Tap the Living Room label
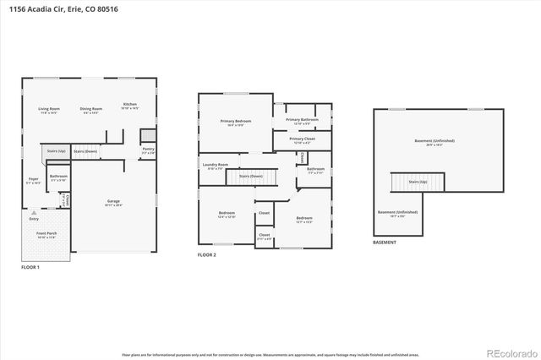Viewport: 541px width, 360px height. point(48,109)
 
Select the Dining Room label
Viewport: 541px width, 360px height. point(91,109)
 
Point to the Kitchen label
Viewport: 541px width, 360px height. point(129,104)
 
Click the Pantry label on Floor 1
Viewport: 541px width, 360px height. point(148,149)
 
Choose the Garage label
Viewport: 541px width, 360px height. point(112,201)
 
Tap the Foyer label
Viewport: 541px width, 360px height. point(33,179)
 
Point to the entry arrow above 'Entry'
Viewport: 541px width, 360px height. point(35,211)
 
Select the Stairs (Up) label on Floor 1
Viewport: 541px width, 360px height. point(56,151)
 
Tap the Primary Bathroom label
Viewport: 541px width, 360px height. point(302,120)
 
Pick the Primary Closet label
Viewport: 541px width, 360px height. point(302,139)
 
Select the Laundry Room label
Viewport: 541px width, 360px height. point(216,165)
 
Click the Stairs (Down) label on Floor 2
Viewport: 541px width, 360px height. point(250,176)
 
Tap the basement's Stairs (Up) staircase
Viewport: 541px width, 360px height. point(405,183)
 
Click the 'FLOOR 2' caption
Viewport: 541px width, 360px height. point(207,254)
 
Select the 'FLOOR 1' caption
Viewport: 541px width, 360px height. point(30,267)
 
